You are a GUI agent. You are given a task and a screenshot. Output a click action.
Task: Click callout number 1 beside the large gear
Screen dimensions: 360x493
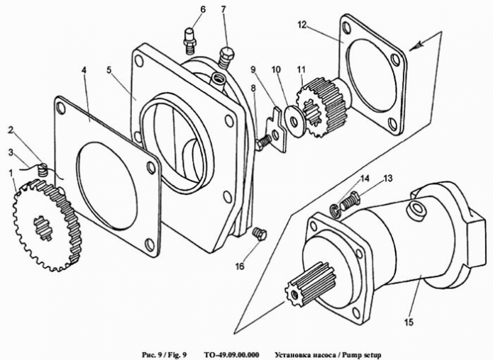[x=11, y=173]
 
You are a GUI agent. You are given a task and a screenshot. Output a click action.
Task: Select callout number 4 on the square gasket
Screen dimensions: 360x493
[x=84, y=71]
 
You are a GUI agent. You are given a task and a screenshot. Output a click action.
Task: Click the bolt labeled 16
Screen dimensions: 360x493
[x=259, y=233]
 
